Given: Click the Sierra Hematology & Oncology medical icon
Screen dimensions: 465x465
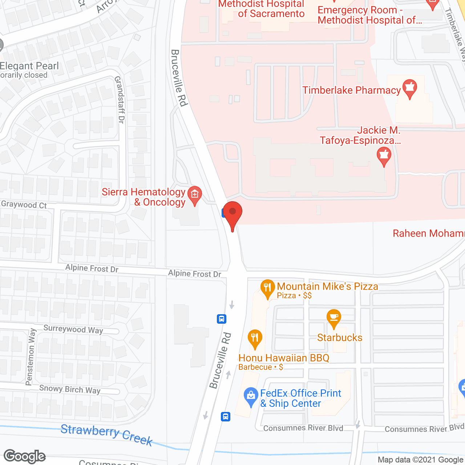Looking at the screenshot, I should (x=195, y=195).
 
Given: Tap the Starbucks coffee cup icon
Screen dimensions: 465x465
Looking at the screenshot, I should (x=333, y=318).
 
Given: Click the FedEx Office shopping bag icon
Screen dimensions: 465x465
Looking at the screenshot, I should (x=251, y=396).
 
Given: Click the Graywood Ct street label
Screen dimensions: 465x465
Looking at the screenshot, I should (x=24, y=205).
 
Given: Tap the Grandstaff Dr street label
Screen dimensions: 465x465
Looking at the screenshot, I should (x=120, y=100).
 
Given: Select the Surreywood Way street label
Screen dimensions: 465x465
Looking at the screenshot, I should (x=73, y=329).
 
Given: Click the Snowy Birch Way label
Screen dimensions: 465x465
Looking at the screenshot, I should (x=70, y=389).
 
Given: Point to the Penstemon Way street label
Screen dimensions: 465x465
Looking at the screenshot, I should (x=31, y=357).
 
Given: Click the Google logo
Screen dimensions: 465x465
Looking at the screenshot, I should (x=25, y=456).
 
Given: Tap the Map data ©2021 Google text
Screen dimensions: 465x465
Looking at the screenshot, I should (x=421, y=460).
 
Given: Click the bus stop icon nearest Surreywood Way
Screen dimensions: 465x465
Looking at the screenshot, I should (x=222, y=319).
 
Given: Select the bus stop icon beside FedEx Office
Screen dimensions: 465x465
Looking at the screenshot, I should (x=226, y=416).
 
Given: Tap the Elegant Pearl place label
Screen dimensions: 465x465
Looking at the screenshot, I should (x=29, y=66).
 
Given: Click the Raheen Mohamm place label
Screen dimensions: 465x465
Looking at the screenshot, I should (x=429, y=233).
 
